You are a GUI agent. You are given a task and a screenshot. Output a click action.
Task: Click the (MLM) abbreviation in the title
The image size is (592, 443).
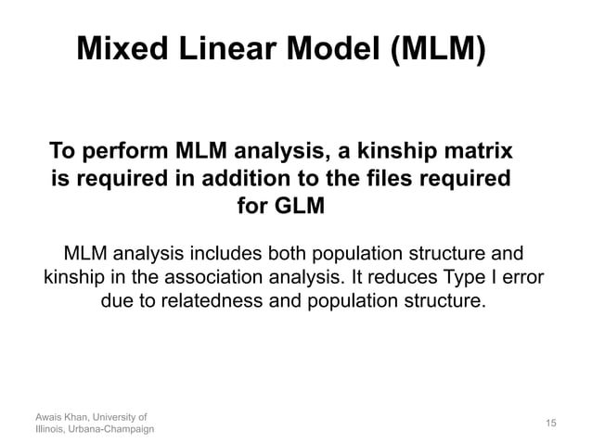(x=434, y=48)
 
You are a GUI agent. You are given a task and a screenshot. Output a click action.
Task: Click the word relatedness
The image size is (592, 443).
(x=219, y=301)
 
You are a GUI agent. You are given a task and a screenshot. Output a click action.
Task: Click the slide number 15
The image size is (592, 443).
(x=550, y=423)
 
